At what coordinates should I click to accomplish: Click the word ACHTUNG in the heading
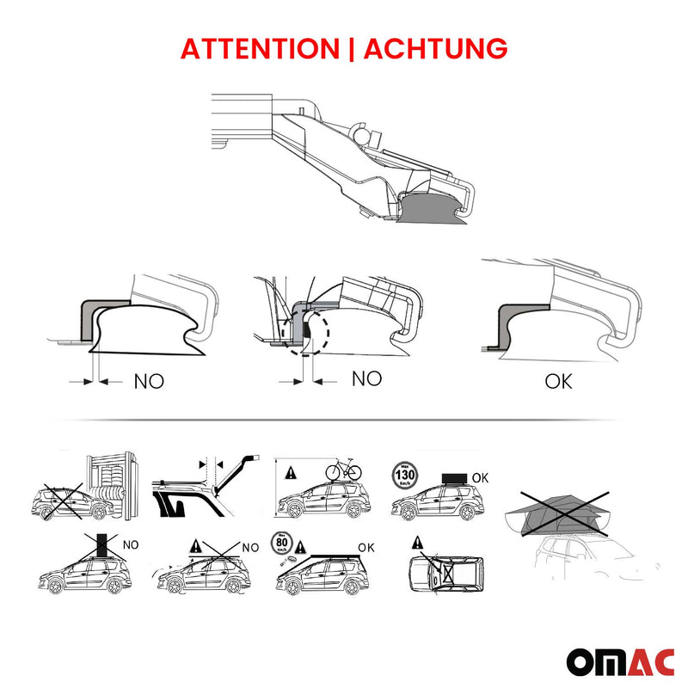[435, 48]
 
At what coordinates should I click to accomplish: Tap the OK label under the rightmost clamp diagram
[558, 380]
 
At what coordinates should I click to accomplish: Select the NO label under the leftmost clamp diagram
[148, 380]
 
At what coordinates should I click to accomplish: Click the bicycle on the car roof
[342, 470]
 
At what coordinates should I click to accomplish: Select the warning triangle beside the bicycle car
[291, 472]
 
